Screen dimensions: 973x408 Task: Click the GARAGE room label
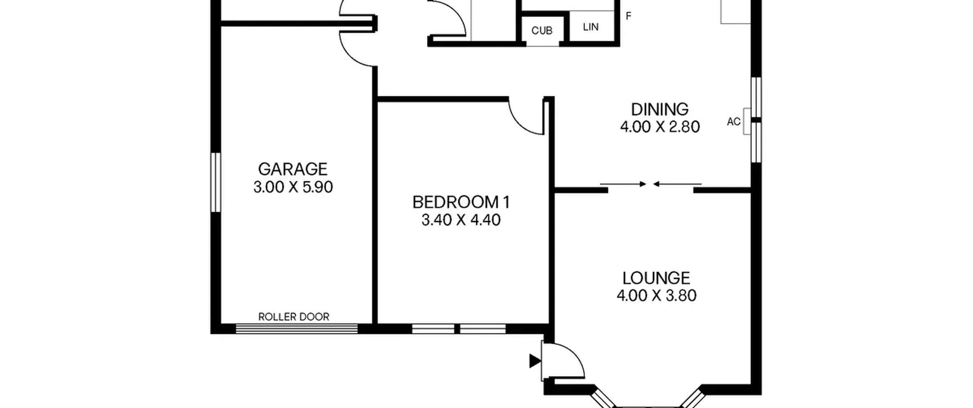click(293, 169)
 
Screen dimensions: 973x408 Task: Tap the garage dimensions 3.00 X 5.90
click(293, 187)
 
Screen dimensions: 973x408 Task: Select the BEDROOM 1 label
click(461, 202)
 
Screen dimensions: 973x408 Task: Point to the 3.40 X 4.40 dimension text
click(461, 220)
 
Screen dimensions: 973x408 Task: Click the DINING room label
click(660, 109)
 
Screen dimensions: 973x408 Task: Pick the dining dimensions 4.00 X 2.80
click(660, 127)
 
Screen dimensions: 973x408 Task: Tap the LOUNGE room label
click(656, 278)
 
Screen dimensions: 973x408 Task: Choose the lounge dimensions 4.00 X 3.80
click(656, 296)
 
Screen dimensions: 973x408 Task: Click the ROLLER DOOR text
click(294, 317)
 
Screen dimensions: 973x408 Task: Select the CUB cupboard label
click(542, 31)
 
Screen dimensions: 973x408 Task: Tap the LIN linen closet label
click(591, 27)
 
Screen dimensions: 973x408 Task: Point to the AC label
click(734, 121)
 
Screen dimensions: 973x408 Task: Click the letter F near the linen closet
click(628, 16)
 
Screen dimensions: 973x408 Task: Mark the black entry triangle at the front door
click(534, 361)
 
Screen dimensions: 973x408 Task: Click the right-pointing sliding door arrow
click(623, 184)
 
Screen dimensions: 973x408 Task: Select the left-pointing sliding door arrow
click(677, 184)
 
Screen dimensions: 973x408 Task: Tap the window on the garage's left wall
click(216, 182)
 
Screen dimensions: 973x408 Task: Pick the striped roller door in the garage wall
click(297, 329)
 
